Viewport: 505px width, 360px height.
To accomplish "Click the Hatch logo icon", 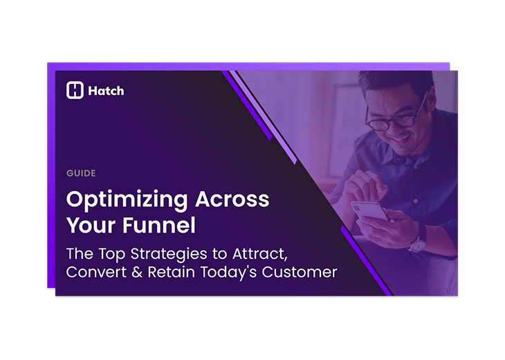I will click(75, 90).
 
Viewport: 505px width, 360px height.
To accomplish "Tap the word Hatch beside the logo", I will click(106, 91).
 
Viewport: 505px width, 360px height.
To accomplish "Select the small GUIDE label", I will click(81, 173).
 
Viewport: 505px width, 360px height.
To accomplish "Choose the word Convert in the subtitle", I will click(93, 272).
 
